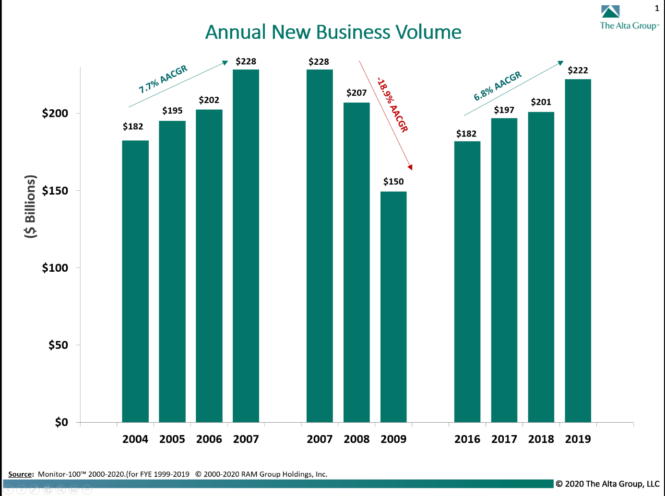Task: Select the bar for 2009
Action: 393,307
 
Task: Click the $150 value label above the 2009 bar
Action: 393,182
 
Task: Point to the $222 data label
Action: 578,70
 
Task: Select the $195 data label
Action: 172,111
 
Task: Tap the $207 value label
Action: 356,93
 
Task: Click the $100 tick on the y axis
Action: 55,268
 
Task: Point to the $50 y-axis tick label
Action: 58,345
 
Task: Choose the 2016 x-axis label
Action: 467,439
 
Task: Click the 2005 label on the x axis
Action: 172,439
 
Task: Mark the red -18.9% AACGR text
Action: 392,104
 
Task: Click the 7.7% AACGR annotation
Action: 163,80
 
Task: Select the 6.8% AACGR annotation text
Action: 498,86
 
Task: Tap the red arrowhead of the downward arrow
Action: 410,167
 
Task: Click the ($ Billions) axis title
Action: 30,206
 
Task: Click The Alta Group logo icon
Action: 610,12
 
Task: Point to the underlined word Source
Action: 20,474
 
